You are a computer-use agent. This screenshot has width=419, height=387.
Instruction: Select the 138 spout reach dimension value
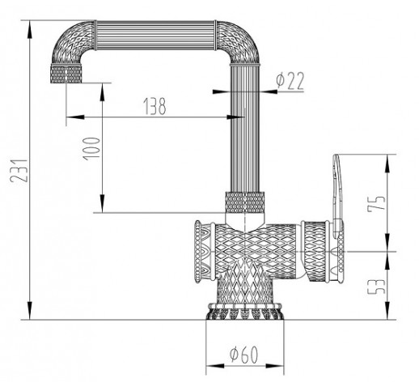point(154,106)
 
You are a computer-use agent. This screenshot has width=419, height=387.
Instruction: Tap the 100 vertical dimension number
point(91,149)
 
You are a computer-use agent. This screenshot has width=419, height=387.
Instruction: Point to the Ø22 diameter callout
point(290,80)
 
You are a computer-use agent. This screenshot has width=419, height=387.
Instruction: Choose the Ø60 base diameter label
point(243,355)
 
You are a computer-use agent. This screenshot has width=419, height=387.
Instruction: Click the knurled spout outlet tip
point(66,74)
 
